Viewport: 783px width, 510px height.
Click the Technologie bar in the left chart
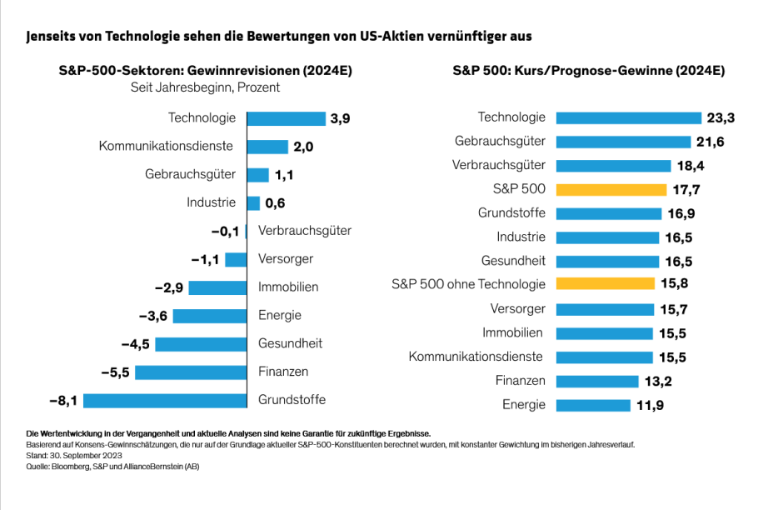(287, 118)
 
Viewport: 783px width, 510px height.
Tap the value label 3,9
(340, 118)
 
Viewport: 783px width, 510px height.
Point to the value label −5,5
(114, 372)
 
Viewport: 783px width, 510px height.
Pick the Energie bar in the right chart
(592, 405)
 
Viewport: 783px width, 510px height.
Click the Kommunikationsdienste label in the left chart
(166, 147)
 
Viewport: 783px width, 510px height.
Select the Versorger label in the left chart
(286, 259)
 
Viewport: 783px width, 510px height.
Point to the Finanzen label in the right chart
(521, 381)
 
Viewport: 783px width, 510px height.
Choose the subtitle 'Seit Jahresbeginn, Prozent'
(205, 87)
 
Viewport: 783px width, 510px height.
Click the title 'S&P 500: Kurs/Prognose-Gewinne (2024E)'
(588, 71)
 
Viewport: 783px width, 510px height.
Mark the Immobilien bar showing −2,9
(217, 287)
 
